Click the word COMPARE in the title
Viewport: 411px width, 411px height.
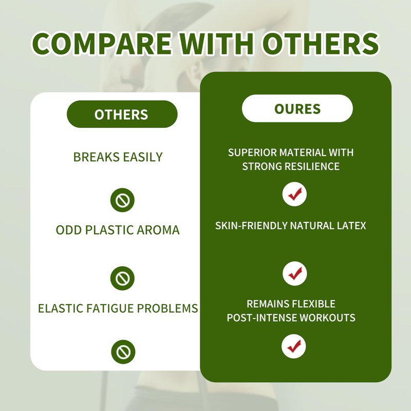click(x=102, y=43)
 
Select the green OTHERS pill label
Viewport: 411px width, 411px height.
click(x=122, y=114)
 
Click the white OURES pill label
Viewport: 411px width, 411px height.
click(x=297, y=108)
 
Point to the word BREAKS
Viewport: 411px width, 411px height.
click(x=96, y=157)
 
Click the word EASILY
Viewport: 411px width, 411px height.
click(x=143, y=157)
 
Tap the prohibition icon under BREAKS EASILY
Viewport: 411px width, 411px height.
click(x=122, y=200)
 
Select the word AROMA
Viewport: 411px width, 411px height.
click(x=158, y=230)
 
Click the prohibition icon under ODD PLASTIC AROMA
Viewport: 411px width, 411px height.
click(x=122, y=278)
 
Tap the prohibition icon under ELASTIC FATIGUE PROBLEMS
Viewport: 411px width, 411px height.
click(x=123, y=352)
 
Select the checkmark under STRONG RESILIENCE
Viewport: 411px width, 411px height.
click(x=294, y=194)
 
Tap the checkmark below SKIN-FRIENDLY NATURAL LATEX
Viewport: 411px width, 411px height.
click(x=294, y=273)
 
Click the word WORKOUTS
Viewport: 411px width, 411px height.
click(x=327, y=317)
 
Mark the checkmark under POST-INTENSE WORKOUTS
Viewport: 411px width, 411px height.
click(x=293, y=346)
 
